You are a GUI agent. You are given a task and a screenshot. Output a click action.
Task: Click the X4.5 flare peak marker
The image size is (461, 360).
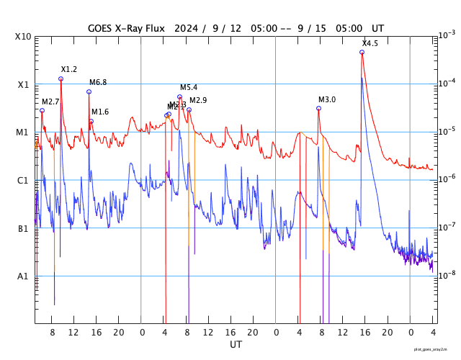point(362,52)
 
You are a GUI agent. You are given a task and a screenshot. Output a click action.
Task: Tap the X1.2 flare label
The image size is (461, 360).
point(69,69)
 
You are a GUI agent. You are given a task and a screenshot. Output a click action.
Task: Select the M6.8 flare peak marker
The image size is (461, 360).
point(89,91)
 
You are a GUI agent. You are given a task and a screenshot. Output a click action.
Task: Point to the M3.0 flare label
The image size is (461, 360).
point(327,99)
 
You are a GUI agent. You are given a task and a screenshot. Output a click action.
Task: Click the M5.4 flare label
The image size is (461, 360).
point(189,87)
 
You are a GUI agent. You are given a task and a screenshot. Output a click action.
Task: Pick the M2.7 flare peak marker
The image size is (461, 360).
point(42,110)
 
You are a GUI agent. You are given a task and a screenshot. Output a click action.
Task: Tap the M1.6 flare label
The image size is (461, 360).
point(100,112)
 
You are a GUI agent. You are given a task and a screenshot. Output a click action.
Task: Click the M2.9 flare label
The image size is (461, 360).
point(198,100)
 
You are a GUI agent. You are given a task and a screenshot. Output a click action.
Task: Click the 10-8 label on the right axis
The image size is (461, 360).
point(447,274)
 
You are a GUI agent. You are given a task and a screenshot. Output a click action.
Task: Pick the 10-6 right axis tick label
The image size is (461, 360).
point(447,179)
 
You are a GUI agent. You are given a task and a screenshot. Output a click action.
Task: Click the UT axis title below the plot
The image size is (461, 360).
point(236,345)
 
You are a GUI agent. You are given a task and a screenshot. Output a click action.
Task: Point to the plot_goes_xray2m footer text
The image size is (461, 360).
point(436,348)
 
